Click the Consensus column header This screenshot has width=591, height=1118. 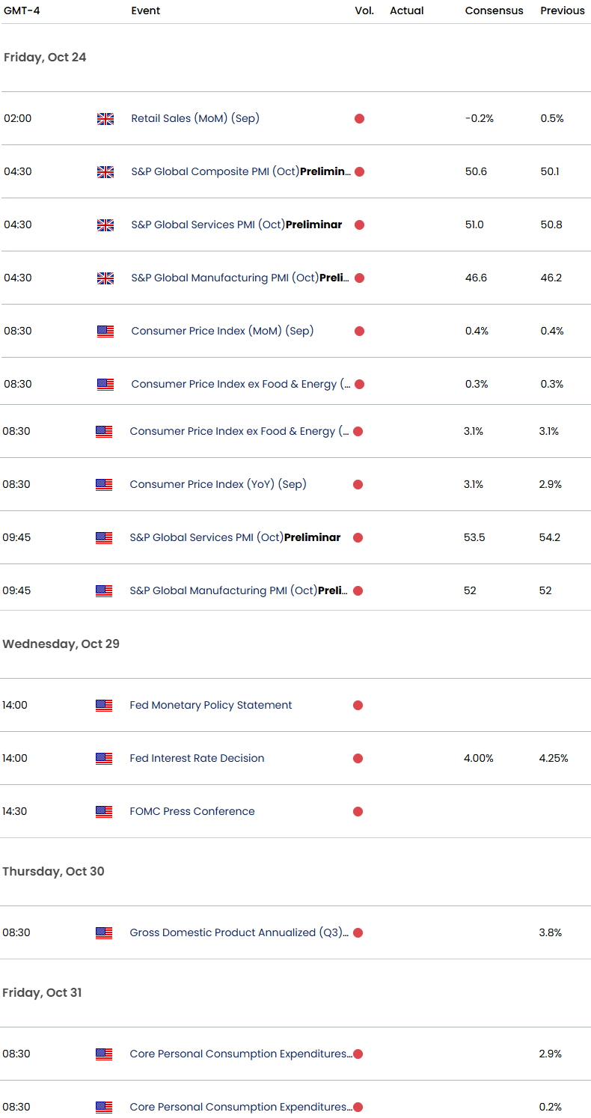pos(494,10)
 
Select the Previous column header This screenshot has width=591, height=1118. pos(562,10)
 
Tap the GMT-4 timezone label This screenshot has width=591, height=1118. pos(22,10)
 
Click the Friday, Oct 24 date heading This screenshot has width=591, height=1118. pos(45,58)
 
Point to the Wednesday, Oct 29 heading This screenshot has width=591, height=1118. pos(61,644)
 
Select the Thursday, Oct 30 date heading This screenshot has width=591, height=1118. pos(53,872)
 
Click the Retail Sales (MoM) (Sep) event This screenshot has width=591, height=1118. pos(195,118)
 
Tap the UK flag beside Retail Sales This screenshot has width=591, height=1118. pos(105,119)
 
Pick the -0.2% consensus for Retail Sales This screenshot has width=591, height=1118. pos(480,118)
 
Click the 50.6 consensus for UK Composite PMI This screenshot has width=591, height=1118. pos(476,171)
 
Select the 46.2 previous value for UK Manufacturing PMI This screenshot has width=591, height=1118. pos(551,278)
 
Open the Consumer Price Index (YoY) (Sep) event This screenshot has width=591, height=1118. pos(218,484)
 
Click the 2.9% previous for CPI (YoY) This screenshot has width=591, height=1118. pos(550,484)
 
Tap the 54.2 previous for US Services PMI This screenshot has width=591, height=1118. pos(550,537)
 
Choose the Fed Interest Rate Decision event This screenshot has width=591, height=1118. pos(197,758)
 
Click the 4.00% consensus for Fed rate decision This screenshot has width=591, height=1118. pos(478,758)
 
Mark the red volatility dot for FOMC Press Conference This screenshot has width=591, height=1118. pos(358,811)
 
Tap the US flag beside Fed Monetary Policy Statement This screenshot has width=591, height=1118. pos(104,705)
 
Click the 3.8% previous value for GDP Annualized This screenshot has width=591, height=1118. pos(550,932)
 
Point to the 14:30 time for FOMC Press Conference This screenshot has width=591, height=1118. pos(14,811)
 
